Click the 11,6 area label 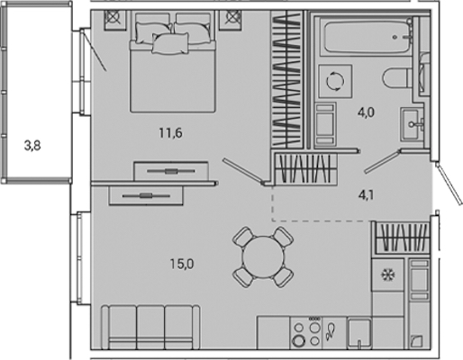170,133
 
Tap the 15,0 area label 182,264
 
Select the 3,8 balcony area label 32,146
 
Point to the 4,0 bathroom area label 367,112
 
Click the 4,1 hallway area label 367,195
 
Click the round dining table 263,257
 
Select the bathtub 366,36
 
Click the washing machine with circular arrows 335,81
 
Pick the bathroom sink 412,123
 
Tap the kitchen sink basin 359,334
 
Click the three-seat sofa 150,327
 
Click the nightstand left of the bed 115,20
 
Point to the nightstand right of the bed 231,20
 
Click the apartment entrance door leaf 449,184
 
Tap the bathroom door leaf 383,161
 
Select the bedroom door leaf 244,171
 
